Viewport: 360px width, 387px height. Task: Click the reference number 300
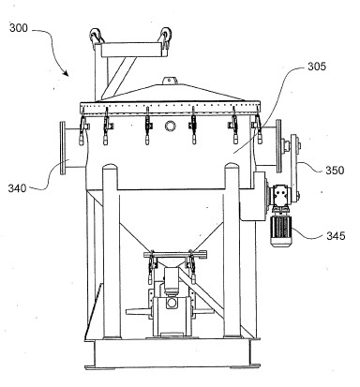point(19,28)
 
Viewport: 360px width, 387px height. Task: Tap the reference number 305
point(317,67)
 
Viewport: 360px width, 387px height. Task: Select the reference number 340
point(17,188)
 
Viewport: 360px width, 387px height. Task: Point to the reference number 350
point(335,171)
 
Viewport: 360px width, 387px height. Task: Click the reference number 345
point(336,235)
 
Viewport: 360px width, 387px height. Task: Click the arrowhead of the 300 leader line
point(66,73)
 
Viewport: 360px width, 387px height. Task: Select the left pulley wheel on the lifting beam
point(96,35)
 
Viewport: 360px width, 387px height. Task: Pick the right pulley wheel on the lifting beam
point(166,35)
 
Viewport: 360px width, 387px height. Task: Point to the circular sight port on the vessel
point(171,126)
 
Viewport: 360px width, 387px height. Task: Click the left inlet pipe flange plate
point(63,147)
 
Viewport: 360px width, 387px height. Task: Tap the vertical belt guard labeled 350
point(294,167)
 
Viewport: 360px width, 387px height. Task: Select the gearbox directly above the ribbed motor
point(280,196)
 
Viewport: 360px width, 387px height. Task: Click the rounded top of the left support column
point(112,169)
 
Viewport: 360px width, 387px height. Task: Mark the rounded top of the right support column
point(232,168)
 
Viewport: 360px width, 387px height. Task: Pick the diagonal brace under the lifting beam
point(120,78)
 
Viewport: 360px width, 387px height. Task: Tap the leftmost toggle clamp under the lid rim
point(83,129)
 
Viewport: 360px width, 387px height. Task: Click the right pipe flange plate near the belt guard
point(278,145)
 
